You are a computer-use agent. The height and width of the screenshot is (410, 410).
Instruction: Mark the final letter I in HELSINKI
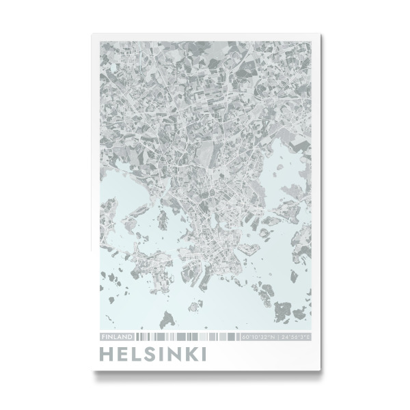[206, 355]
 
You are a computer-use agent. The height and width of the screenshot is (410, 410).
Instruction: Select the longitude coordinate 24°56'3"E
[295, 337]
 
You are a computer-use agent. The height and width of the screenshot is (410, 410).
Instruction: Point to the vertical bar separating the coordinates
[277, 337]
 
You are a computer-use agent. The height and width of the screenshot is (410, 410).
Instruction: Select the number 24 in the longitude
[284, 337]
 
